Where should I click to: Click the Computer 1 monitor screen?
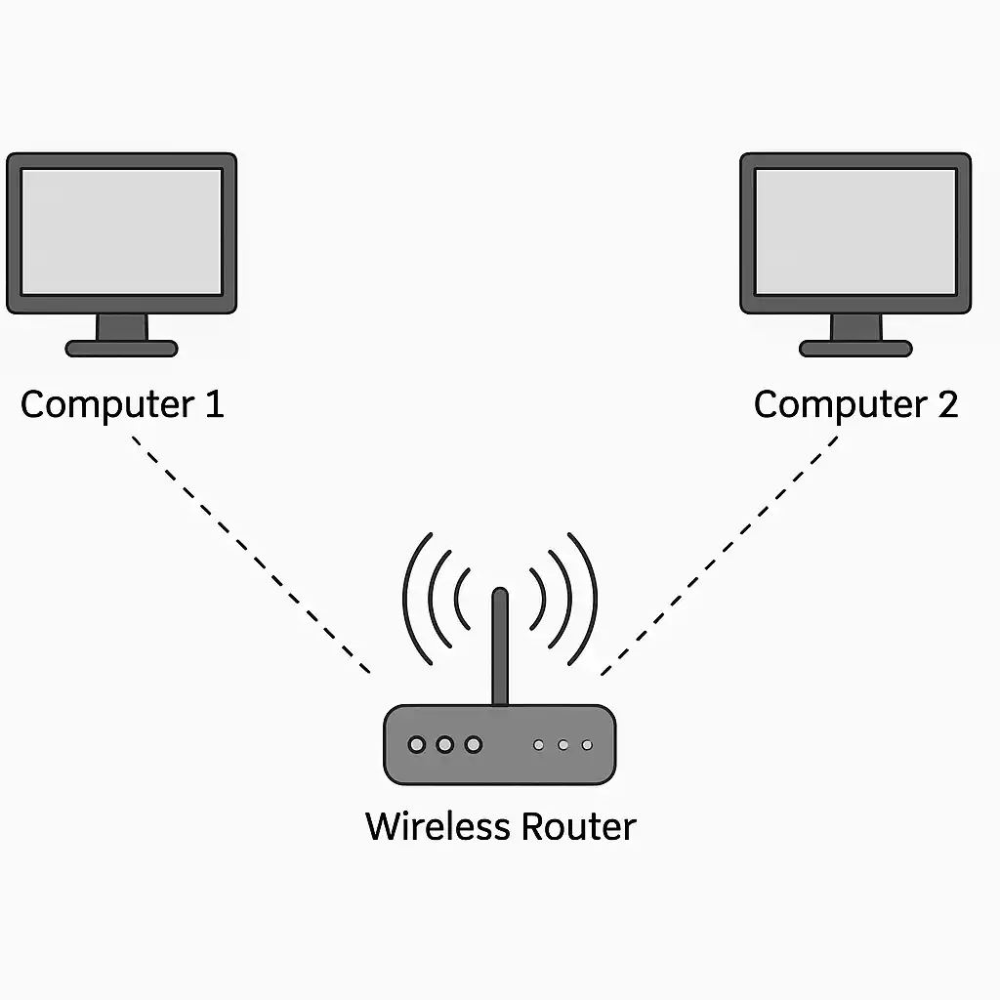point(121,231)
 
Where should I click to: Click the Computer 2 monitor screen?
point(855,231)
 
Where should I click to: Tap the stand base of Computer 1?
point(121,348)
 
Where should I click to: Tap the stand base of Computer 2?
point(855,348)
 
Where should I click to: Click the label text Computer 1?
point(122,404)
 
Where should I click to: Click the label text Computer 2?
point(855,404)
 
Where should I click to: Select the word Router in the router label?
point(578,826)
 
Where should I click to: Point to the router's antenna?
point(500,645)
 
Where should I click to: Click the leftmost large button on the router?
point(417,745)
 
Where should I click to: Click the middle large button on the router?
point(445,745)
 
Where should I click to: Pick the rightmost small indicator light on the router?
point(587,745)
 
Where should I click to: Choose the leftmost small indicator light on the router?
point(538,745)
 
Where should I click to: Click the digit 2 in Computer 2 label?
point(946,404)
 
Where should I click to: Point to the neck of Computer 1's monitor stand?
point(121,327)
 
